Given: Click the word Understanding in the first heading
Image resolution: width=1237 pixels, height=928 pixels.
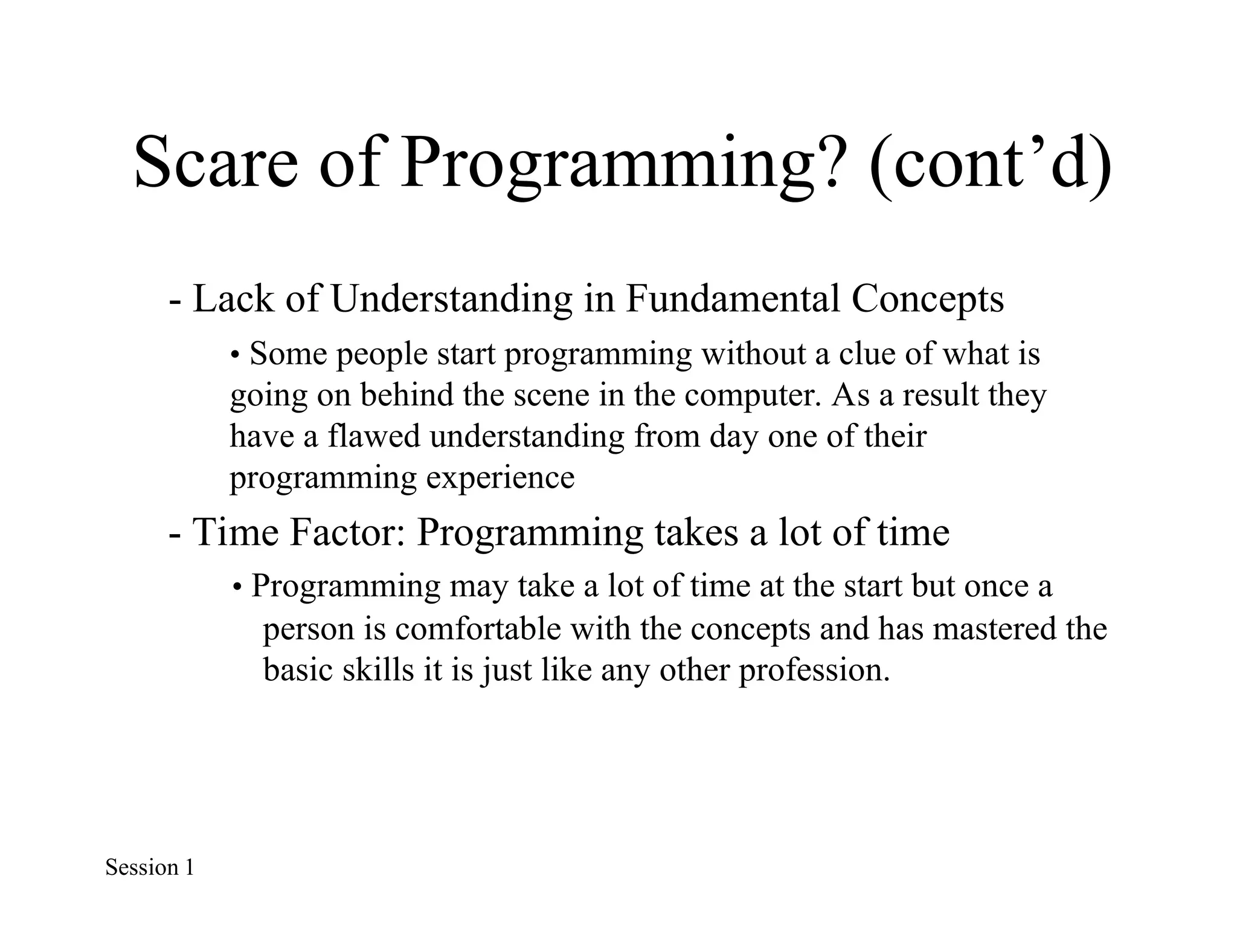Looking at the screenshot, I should (x=451, y=299).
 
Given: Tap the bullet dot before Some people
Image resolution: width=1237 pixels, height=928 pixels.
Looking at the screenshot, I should (x=236, y=355).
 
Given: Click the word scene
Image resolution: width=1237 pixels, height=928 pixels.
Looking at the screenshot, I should (x=551, y=395).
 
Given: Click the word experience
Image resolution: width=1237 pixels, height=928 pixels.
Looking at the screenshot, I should (x=500, y=478).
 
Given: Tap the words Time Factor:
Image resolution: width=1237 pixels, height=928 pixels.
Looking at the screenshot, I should (x=299, y=532).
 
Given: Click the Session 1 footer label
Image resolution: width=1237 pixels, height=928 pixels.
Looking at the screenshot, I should (x=149, y=867).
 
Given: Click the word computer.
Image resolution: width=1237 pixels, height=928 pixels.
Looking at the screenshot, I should (x=757, y=396).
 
